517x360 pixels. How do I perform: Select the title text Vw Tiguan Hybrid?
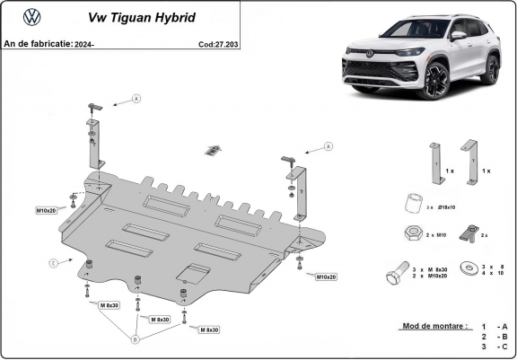tap(136, 17)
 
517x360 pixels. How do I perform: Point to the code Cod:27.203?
tap(218, 42)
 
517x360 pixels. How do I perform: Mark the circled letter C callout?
tap(53, 262)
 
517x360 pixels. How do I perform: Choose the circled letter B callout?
tap(135, 338)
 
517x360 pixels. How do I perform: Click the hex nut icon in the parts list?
tap(410, 233)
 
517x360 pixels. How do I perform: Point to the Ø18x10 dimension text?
tap(445, 206)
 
